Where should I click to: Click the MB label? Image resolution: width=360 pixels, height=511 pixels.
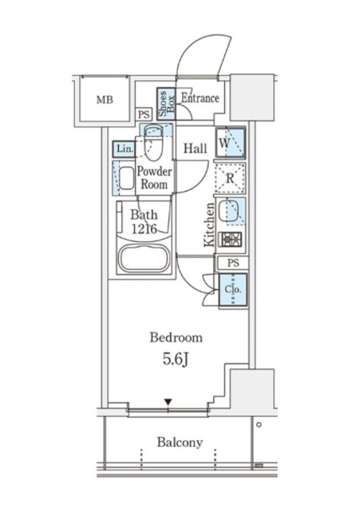coord(105,99)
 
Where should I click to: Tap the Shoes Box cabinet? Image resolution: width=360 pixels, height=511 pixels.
coord(166,104)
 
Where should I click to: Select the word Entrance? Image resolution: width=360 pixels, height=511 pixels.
coord(200,97)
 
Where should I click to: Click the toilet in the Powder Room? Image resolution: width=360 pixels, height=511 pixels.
coord(153,142)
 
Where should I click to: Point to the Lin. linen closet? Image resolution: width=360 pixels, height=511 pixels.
coord(125,149)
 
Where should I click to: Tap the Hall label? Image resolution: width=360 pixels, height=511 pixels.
coord(195,149)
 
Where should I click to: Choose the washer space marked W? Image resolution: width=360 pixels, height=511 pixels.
coord(230,142)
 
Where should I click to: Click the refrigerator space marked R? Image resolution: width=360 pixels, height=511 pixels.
coord(230,178)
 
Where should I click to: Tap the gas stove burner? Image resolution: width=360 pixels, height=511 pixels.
coord(231,240)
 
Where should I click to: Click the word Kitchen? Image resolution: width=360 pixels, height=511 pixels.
coord(209,225)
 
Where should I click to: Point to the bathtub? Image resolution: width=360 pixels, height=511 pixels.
coord(144,258)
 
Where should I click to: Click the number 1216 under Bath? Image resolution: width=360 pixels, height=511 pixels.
coord(144,229)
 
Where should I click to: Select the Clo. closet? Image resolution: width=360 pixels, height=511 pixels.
coord(233,290)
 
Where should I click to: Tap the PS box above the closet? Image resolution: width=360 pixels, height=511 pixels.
coord(233,263)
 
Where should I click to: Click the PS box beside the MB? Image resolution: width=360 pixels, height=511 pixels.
coord(144,115)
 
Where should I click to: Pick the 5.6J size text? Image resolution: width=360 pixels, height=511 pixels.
coord(176,359)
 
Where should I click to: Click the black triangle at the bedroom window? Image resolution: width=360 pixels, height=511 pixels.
coord(168,402)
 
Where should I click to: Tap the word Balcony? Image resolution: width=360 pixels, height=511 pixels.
coord(180,442)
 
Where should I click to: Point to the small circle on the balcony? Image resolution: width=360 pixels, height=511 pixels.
coord(259,425)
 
